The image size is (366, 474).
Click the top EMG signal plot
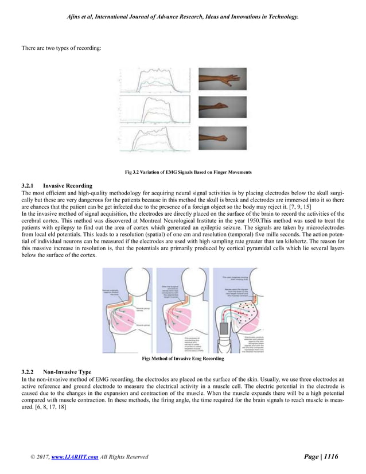155,81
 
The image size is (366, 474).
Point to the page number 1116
329,457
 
